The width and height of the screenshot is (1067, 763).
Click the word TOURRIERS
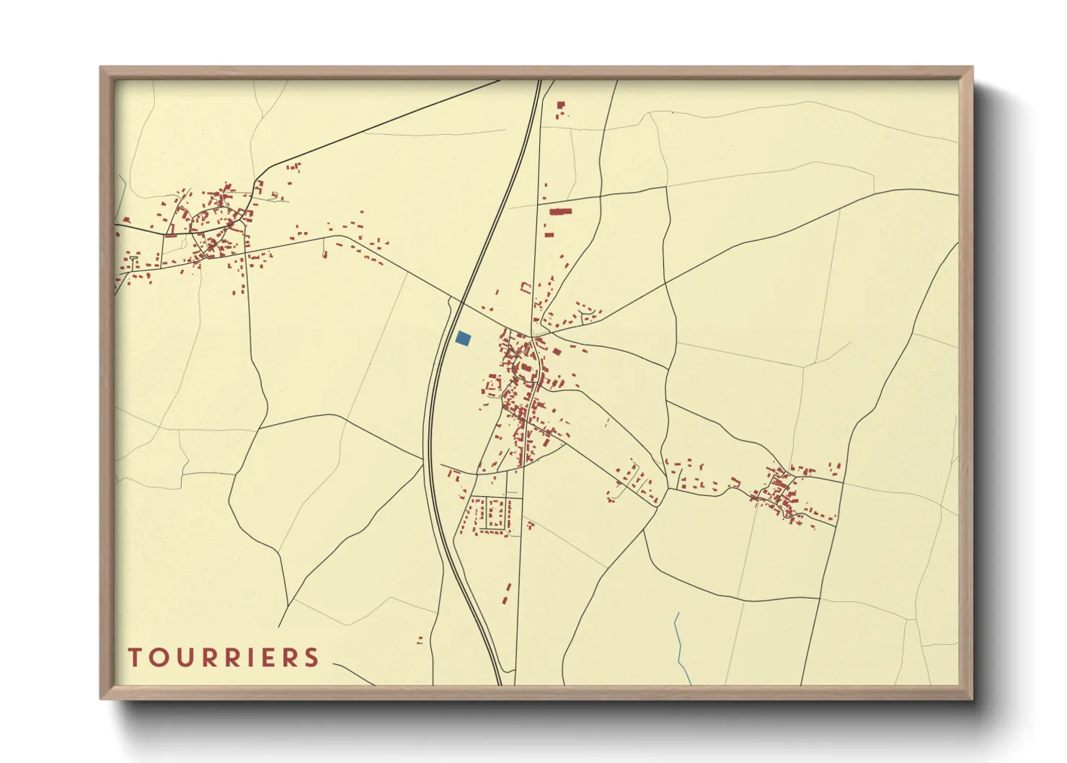click(x=223, y=658)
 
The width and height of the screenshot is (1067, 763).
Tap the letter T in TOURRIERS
click(x=134, y=658)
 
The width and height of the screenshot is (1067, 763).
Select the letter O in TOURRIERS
click(x=156, y=658)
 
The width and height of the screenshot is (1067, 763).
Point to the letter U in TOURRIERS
click(x=180, y=658)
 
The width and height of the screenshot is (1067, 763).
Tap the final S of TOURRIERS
click(x=311, y=658)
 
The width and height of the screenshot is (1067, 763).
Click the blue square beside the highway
click(x=464, y=338)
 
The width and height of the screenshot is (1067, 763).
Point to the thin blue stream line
click(x=679, y=645)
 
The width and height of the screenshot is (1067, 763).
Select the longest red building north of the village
click(x=560, y=211)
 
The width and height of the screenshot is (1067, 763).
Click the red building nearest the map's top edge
click(x=560, y=105)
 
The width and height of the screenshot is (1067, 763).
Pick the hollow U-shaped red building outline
click(x=526, y=288)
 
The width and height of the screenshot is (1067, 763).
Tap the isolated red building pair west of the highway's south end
click(x=420, y=639)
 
